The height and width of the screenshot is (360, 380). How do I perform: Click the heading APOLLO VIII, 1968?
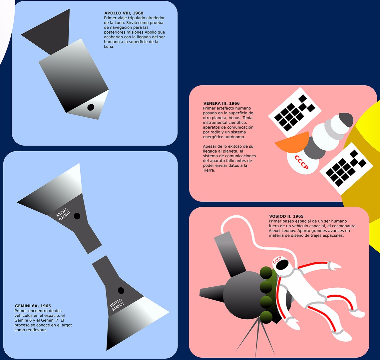124,13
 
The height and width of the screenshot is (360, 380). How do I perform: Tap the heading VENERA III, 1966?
221,103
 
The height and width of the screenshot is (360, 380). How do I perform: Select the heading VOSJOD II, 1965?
286,216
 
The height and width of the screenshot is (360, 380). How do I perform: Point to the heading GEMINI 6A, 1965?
33,306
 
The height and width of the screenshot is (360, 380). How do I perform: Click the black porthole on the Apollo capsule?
91,107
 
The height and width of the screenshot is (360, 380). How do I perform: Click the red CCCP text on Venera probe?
301,162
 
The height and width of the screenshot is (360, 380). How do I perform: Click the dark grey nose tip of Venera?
346,119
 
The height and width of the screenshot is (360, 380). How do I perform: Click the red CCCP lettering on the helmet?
277,260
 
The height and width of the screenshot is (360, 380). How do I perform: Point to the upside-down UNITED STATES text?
63,213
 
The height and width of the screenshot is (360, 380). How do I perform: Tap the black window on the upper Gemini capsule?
77,216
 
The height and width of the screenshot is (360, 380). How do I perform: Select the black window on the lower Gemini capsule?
121,290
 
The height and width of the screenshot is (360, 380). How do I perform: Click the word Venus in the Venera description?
235,118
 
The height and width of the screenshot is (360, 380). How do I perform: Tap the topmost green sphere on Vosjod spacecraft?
266,273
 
